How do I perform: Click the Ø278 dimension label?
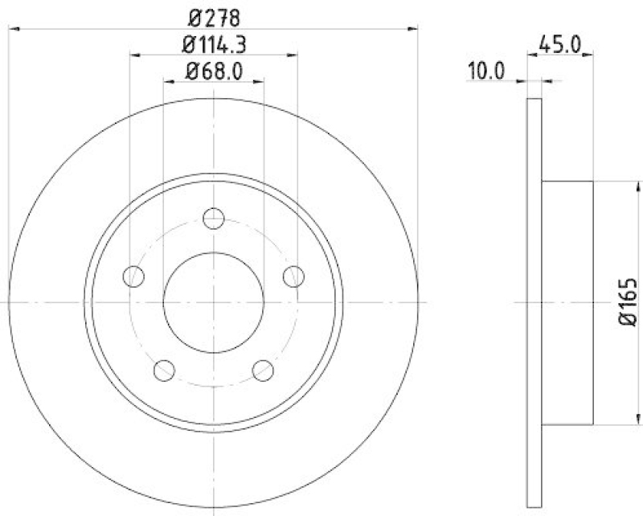pyautogui.click(x=213, y=16)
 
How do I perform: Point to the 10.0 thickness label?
pyautogui.click(x=485, y=71)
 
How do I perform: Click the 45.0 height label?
pyautogui.click(x=560, y=45)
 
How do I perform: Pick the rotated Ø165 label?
pyautogui.click(x=628, y=303)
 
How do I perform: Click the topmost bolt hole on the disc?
pyautogui.click(x=213, y=219)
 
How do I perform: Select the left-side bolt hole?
pyautogui.click(x=133, y=276)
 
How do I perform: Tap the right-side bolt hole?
pyautogui.click(x=293, y=276)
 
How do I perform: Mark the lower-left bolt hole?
pyautogui.click(x=164, y=370)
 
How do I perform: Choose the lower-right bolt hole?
pyautogui.click(x=263, y=370)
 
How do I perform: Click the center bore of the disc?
pyautogui.click(x=214, y=302)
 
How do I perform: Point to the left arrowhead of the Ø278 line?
pyautogui.click(x=13, y=29)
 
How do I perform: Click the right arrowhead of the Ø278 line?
pyautogui.click(x=414, y=29)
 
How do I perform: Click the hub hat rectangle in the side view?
pyautogui.click(x=568, y=302)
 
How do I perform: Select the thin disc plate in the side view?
pyautogui.click(x=534, y=302)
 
